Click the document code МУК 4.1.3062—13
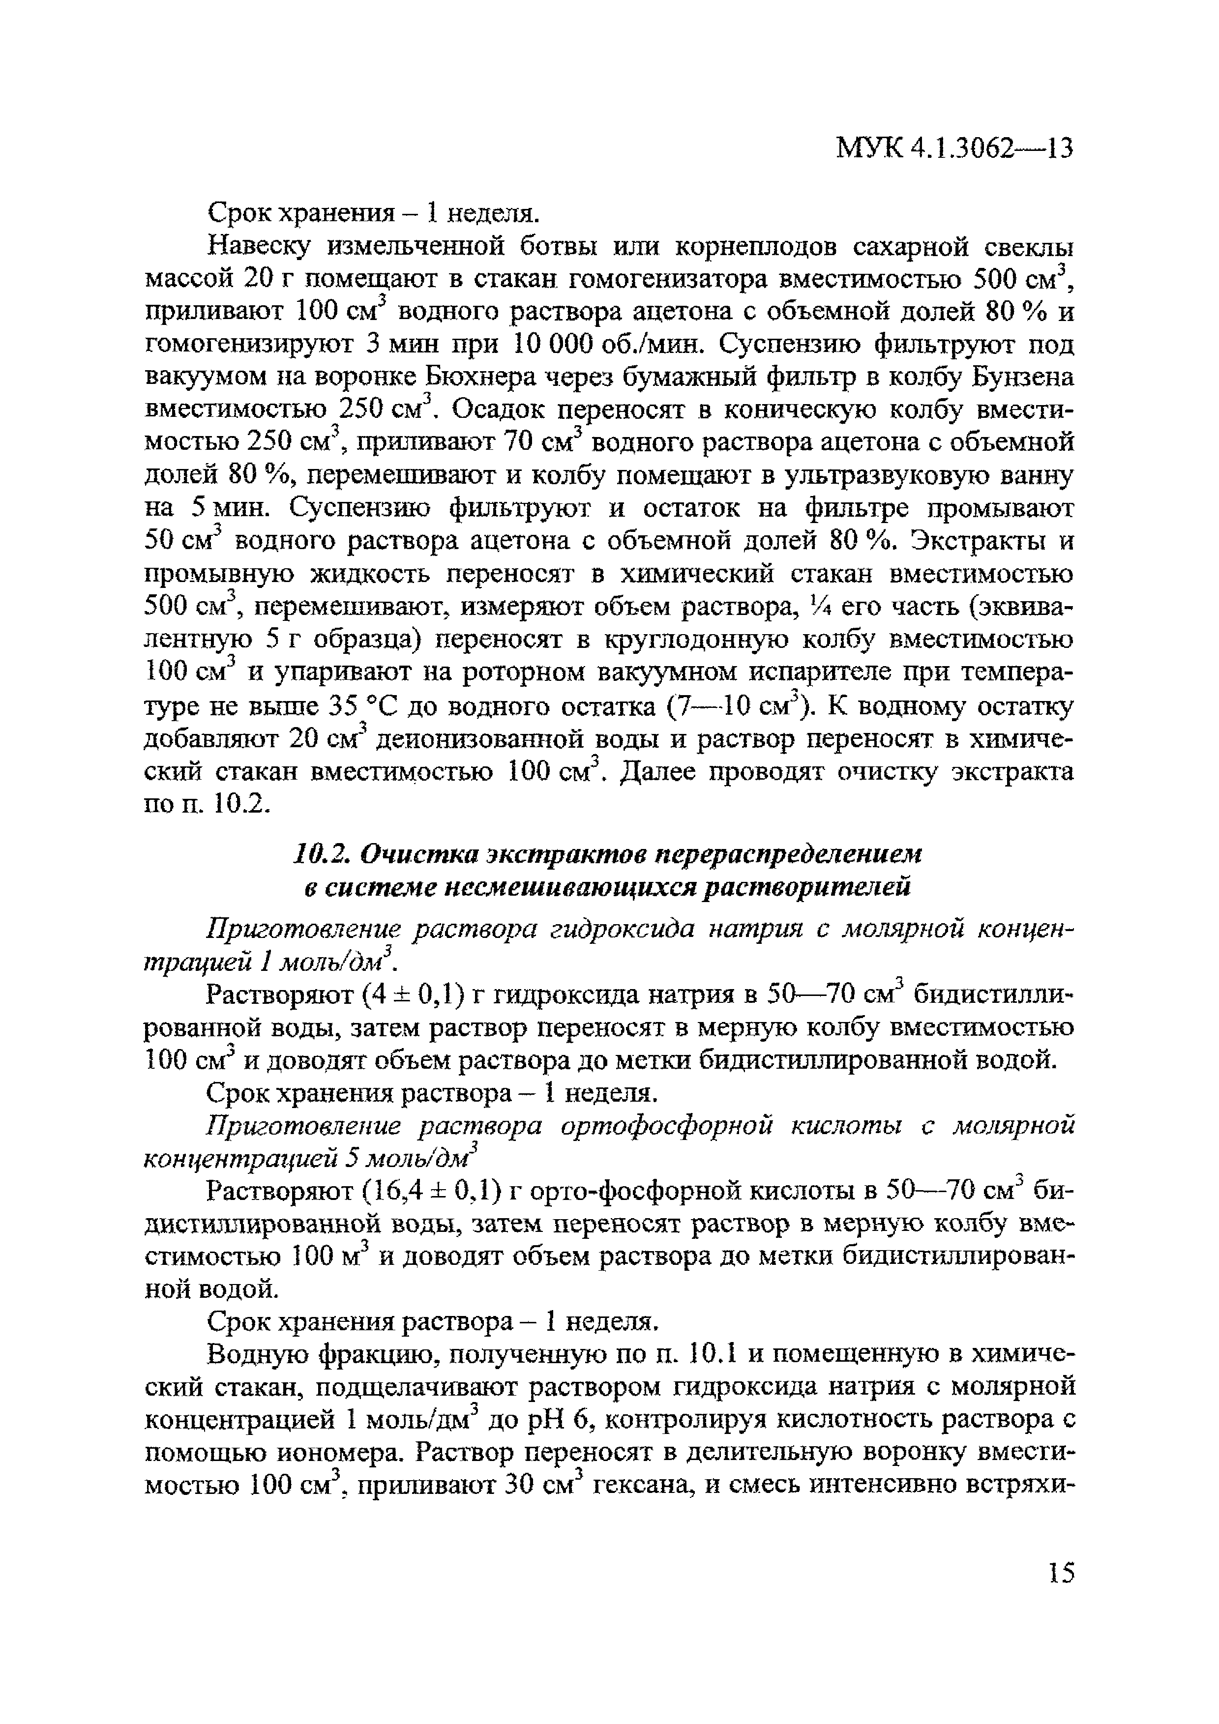pyautogui.click(x=954, y=149)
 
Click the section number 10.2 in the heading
pyautogui.click(x=319, y=854)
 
